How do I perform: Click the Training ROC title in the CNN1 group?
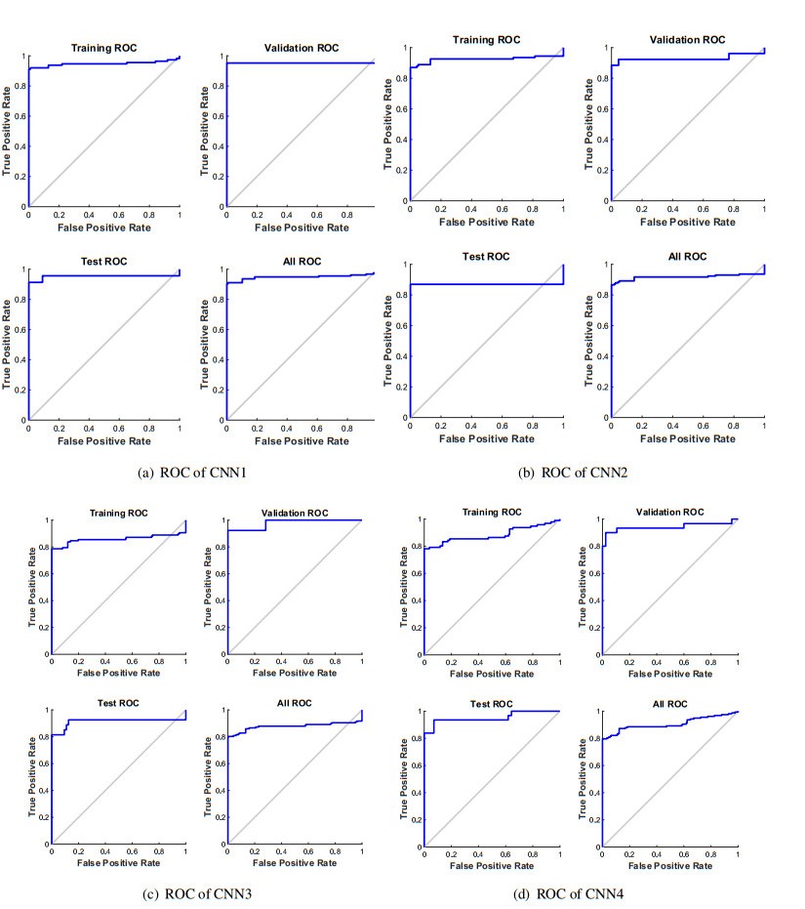click(104, 48)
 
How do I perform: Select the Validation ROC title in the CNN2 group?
click(688, 40)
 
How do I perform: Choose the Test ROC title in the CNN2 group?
click(486, 257)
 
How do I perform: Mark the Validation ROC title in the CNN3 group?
click(295, 513)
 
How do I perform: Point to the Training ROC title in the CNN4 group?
click(493, 512)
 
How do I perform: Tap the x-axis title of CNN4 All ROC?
click(671, 866)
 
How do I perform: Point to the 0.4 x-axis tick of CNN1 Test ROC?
click(90, 430)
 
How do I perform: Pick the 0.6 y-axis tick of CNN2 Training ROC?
click(402, 108)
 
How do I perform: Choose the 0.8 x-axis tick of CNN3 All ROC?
click(335, 852)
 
